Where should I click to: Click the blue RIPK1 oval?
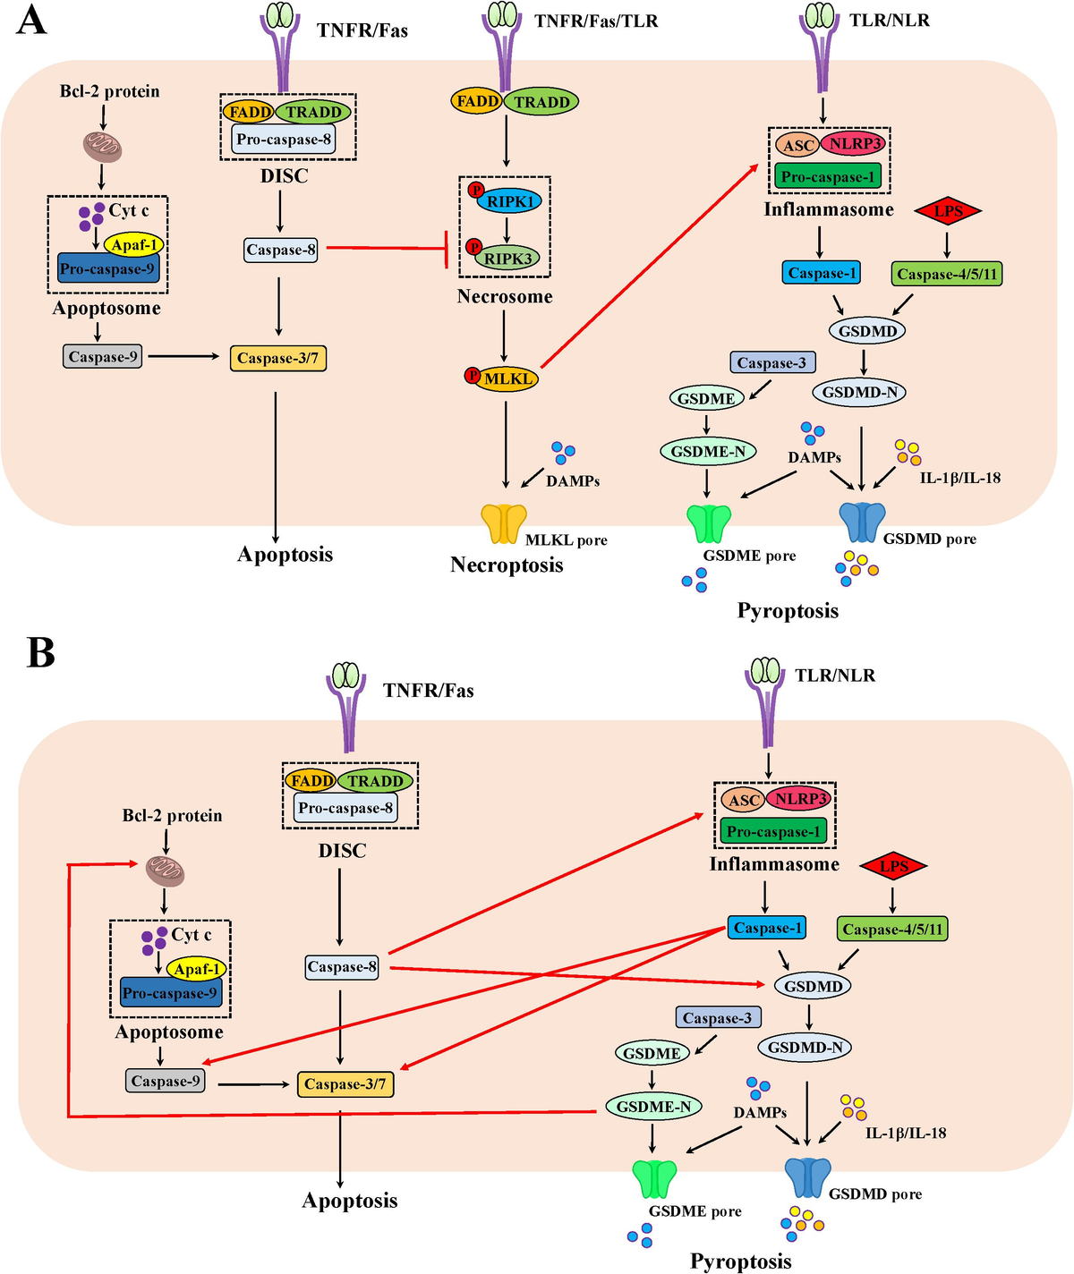tap(509, 201)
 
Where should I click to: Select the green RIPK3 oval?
tap(507, 259)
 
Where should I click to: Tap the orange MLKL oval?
tap(507, 378)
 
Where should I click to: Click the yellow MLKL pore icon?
tap(504, 524)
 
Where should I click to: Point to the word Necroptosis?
tap(507, 565)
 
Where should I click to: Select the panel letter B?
tap(40, 653)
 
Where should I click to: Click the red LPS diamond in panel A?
tap(947, 212)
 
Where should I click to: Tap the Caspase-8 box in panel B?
tap(342, 966)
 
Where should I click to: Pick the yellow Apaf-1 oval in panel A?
tap(133, 244)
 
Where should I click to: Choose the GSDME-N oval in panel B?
tap(653, 1107)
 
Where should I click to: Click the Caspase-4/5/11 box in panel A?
tap(947, 274)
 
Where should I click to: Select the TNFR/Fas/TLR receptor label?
tap(596, 21)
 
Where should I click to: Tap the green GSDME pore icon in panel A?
tap(709, 524)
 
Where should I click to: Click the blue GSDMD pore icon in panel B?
tap(807, 1177)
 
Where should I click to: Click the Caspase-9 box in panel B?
tap(165, 1081)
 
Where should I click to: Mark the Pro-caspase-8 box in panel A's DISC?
tap(284, 140)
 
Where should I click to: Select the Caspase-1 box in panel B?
tap(767, 928)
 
